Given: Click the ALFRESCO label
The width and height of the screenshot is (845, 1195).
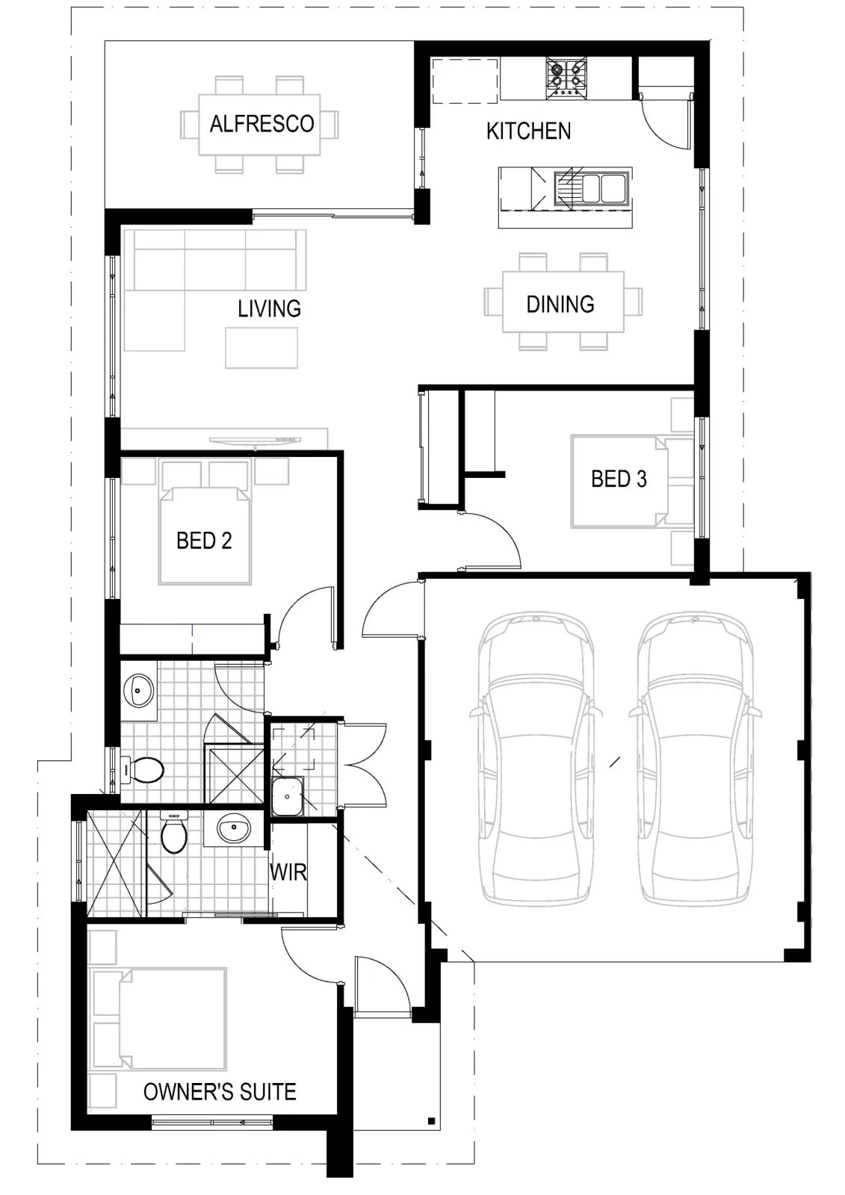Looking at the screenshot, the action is coord(261,124).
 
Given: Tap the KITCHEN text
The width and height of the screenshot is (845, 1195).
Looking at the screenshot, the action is coord(528,131).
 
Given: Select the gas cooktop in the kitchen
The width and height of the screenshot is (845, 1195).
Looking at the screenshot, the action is coord(566,78).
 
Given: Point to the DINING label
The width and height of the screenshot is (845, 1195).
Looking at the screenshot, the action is coord(560,304).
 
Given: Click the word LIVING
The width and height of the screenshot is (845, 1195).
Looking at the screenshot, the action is coord(269,308).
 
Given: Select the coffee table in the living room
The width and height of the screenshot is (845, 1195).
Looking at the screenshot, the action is coord(261,348).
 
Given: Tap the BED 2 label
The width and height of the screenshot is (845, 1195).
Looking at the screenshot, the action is coord(204,541).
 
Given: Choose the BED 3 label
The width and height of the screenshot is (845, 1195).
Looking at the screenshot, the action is coord(619,479).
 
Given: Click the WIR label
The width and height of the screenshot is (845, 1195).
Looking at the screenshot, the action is coord(288,872).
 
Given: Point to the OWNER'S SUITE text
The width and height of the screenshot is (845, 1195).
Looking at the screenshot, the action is coord(220,1092).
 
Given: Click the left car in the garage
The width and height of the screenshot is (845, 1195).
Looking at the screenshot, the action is coord(536,759).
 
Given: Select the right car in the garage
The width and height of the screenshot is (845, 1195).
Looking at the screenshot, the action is coord(695,759).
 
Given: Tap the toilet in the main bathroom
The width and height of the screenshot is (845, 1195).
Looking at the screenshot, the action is coord(143,770).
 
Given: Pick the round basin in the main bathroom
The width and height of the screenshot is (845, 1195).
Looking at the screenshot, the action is coord(138,691).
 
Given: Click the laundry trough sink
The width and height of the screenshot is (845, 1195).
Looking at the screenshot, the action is coord(288,796).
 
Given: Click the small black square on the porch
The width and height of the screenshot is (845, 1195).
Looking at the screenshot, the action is coord(431,1121).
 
